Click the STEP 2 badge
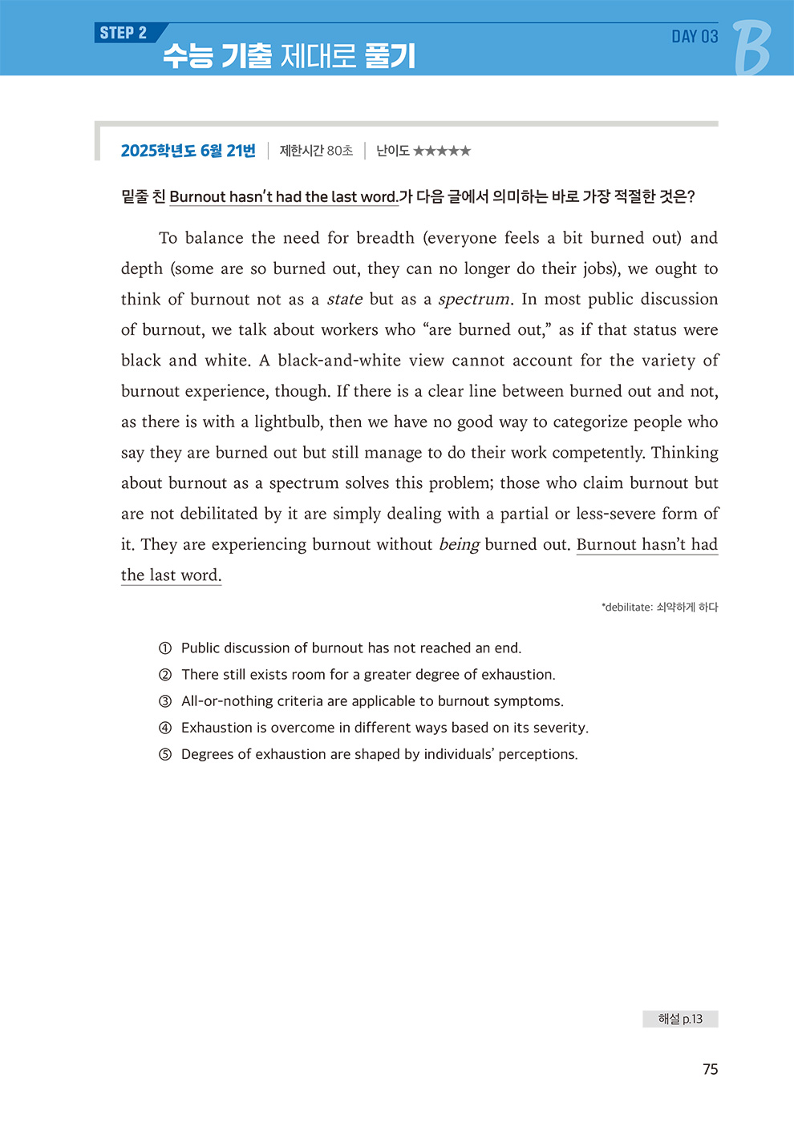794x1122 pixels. [124, 33]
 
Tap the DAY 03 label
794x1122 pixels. [695, 36]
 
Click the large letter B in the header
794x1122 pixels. [751, 47]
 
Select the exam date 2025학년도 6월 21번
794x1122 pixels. [188, 151]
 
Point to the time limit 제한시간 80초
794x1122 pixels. [316, 151]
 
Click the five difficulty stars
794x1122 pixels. [442, 151]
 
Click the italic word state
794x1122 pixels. [345, 300]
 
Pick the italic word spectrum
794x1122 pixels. [474, 300]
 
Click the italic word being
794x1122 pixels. [459, 545]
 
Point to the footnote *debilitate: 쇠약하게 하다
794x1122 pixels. [659, 607]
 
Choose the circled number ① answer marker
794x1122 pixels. [165, 648]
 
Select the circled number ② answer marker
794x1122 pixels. [165, 675]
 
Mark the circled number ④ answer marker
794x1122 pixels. [165, 728]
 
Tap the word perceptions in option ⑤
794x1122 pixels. [537, 754]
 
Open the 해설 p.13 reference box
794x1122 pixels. [680, 1019]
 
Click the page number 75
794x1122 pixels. [710, 1069]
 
